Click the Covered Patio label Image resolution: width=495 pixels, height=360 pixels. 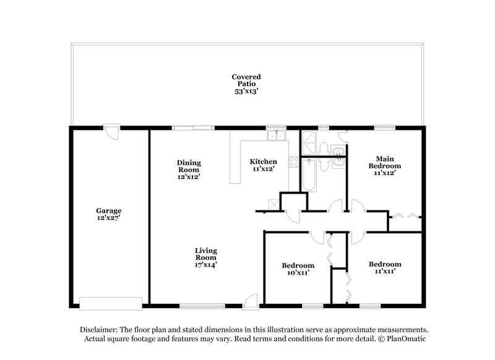coord(246,83)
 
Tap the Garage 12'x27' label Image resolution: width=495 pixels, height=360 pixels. coord(108,213)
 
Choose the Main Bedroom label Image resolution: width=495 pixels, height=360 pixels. coord(385,166)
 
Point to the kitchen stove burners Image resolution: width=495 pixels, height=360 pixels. coord(294,161)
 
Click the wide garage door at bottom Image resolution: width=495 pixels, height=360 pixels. coord(111,303)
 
